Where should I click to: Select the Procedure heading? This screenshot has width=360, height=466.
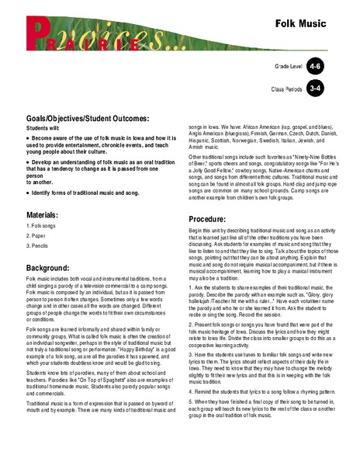click(212, 220)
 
